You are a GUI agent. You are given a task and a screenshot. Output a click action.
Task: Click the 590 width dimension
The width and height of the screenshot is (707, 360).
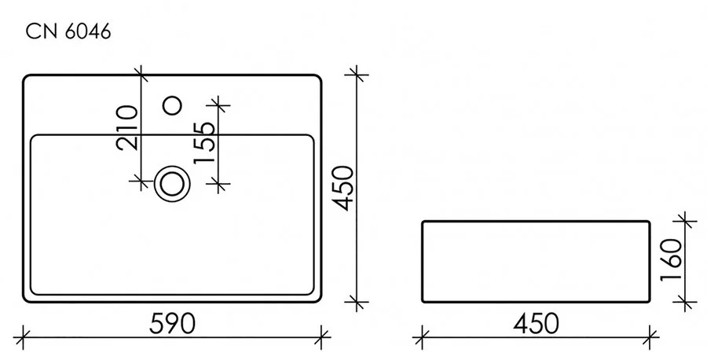coord(171,323)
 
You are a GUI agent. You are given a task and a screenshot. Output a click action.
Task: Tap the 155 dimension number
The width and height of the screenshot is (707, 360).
coord(203,141)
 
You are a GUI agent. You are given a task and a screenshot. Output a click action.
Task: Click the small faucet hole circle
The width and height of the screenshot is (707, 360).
coord(171,103)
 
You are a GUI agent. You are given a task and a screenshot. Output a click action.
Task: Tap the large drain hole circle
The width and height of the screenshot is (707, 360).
coord(172,182)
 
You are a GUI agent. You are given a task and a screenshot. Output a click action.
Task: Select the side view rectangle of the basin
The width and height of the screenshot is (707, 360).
coord(537,262)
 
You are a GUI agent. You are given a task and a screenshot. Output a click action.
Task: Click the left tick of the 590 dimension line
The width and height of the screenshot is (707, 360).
coord(23,336)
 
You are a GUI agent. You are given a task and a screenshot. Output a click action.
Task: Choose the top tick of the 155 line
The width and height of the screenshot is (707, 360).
coord(218,103)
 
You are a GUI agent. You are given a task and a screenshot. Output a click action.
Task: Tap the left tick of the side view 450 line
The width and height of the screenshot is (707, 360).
coord(423,336)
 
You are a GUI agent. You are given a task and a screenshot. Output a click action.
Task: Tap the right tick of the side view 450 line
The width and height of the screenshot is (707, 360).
coord(651,336)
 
